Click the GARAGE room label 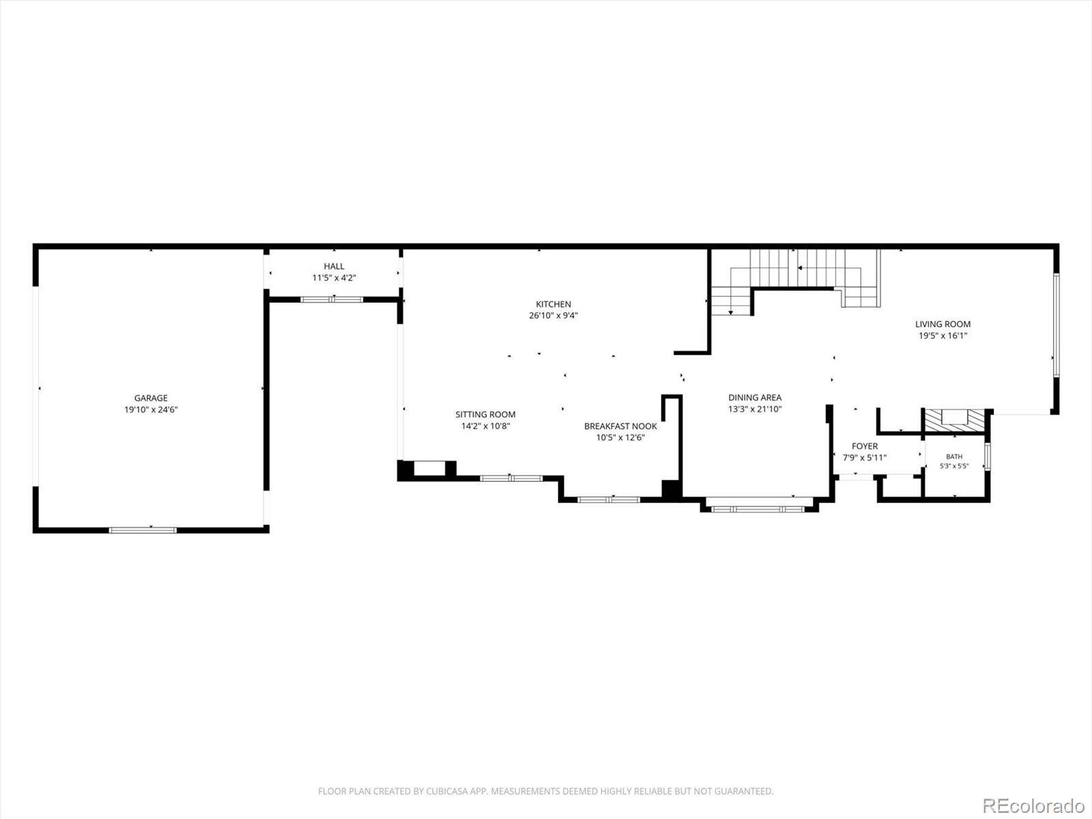coord(151,398)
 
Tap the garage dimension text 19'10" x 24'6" coord(151,409)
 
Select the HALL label coord(334,266)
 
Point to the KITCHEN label coord(554,304)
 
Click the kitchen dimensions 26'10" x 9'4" coord(554,315)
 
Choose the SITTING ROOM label coord(485,414)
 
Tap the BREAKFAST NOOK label coord(620,426)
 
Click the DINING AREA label coord(755,397)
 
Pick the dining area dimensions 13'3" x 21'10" coord(755,409)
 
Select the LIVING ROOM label coord(943,324)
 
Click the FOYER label coord(865,446)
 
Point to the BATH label coord(954,457)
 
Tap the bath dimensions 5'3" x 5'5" coord(954,466)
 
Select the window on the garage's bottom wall coord(143,530)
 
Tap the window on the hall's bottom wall coord(332,300)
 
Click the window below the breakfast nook coord(608,500)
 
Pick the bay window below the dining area coord(758,508)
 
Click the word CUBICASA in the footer coord(448,790)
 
